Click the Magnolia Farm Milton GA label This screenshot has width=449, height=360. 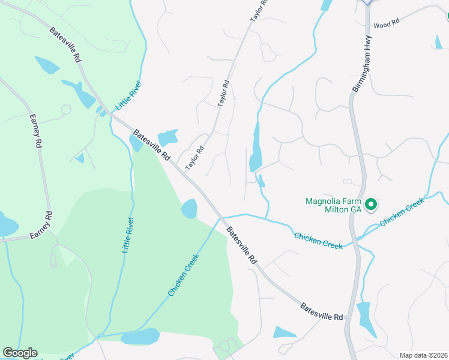(333, 205)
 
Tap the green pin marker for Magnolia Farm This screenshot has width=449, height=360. (371, 205)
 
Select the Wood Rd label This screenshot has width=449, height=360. (386, 25)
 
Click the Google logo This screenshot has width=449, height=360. (20, 353)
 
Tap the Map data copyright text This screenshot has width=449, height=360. (422, 355)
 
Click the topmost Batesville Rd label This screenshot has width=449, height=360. (65, 45)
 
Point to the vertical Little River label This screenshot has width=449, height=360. (127, 235)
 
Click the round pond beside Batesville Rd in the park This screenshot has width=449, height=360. (189, 209)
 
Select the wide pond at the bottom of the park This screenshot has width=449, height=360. (140, 337)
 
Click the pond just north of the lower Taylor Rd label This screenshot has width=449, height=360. (168, 137)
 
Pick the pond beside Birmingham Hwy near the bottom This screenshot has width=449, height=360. (365, 317)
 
